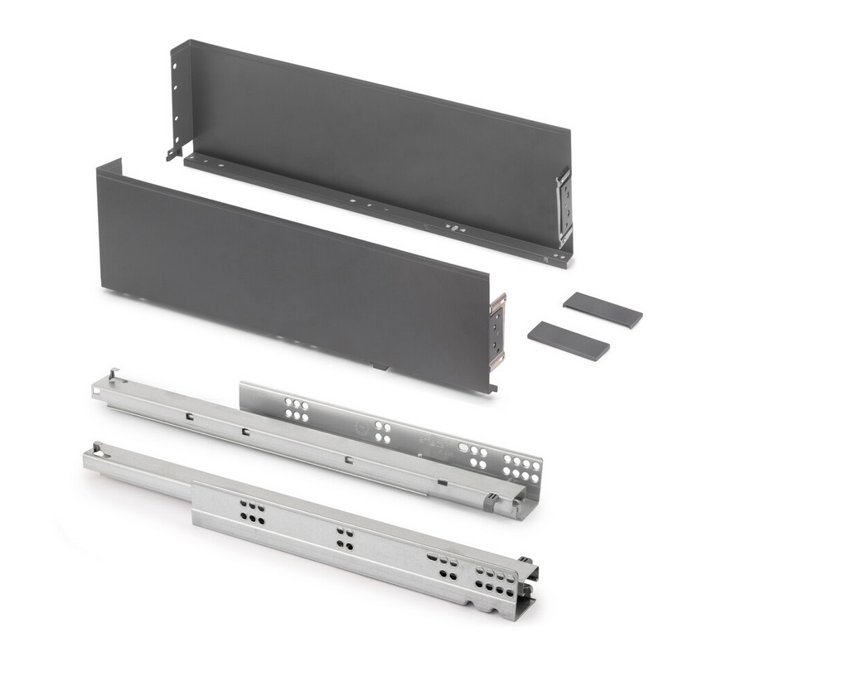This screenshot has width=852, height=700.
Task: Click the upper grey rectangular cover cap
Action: click(x=603, y=310)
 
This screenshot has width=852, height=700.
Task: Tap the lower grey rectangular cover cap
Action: click(x=568, y=340)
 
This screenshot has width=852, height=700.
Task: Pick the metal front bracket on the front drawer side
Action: click(x=496, y=331)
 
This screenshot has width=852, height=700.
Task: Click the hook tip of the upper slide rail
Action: click(x=112, y=374)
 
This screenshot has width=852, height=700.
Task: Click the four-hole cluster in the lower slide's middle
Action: click(x=345, y=538)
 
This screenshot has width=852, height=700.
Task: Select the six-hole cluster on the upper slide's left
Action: click(x=295, y=410)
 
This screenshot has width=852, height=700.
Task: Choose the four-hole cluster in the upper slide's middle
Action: click(x=382, y=431)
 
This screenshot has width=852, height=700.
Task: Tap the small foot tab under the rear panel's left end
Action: click(x=173, y=153)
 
